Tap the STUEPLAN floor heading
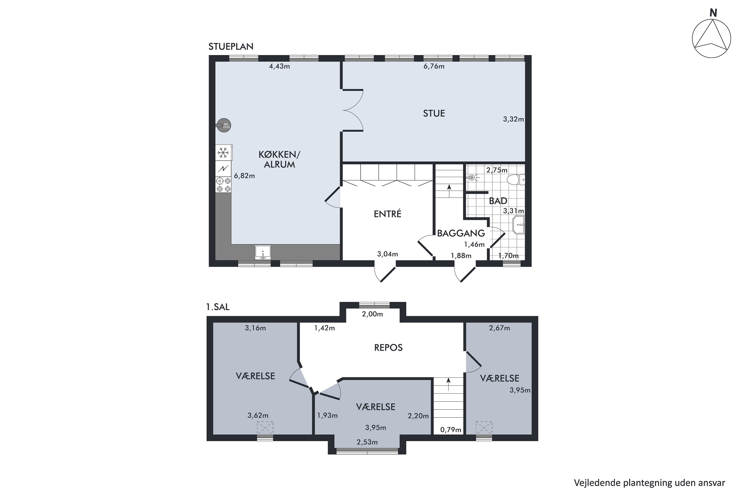click(x=231, y=47)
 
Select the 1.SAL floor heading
click(x=218, y=307)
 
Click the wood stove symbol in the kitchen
click(x=224, y=126)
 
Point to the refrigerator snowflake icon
click(x=223, y=153)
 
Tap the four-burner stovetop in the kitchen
click(x=224, y=185)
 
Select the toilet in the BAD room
click(x=516, y=180)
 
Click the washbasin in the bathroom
click(x=519, y=225)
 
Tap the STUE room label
click(x=434, y=113)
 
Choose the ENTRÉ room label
click(x=388, y=213)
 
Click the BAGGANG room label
click(x=461, y=233)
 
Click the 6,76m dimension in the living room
click(x=434, y=66)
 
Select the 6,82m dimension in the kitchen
click(x=244, y=176)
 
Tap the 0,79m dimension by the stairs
click(x=451, y=430)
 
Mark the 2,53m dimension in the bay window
click(x=367, y=442)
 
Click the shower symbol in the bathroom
click(x=473, y=177)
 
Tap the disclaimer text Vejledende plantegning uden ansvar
click(x=649, y=483)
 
